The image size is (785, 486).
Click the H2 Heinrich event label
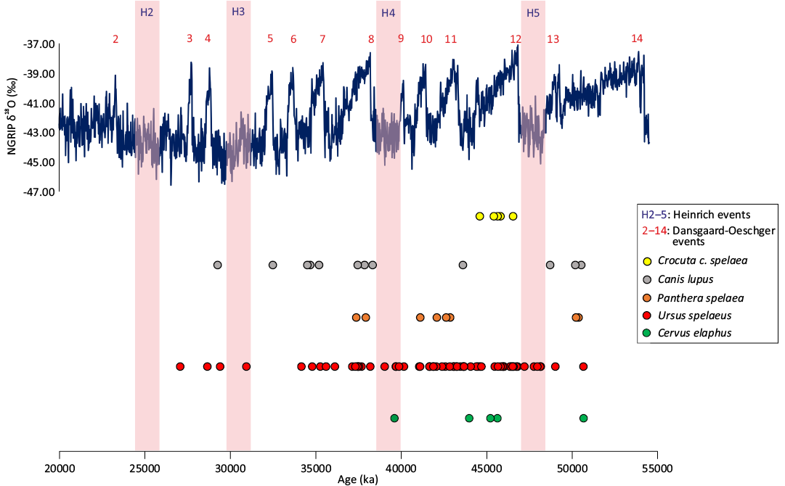tap(147, 12)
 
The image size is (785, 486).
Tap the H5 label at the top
tap(533, 13)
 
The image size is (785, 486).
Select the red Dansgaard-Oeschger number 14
tap(637, 38)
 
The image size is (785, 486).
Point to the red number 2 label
tap(115, 39)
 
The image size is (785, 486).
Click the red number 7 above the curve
tap(322, 39)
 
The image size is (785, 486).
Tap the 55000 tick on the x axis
tap(657, 469)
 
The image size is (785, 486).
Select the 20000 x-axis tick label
tap(60, 469)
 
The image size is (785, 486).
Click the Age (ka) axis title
tap(358, 480)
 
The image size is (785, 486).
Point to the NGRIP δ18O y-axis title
tap(13, 116)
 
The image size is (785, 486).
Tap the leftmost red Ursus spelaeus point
tap(180, 366)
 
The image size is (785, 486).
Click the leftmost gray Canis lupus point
tap(217, 265)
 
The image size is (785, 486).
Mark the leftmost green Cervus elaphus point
tap(394, 418)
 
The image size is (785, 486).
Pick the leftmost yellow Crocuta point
tap(479, 216)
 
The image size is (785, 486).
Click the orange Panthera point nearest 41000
tap(420, 318)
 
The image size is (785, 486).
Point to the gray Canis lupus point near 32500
tap(272, 265)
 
